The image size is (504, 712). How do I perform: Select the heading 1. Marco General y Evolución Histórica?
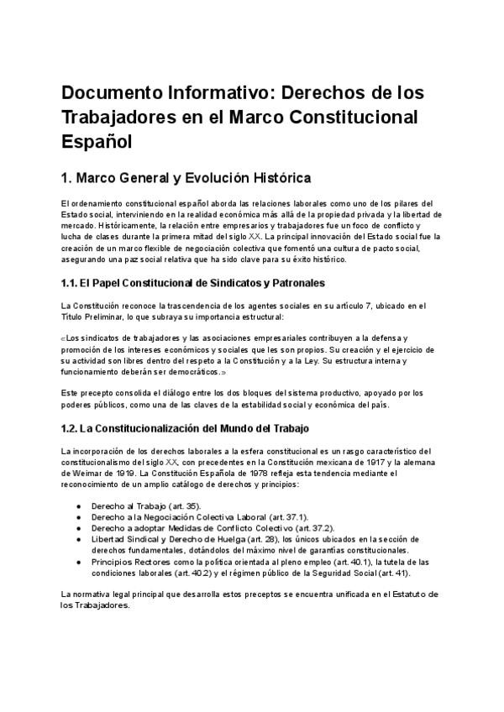pos(186,178)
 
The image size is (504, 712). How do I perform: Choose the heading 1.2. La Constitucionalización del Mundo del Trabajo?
pos(186,428)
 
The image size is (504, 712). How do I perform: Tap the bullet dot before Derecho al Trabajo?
pos(78,506)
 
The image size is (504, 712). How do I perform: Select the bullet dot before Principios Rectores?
pos(78,562)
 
